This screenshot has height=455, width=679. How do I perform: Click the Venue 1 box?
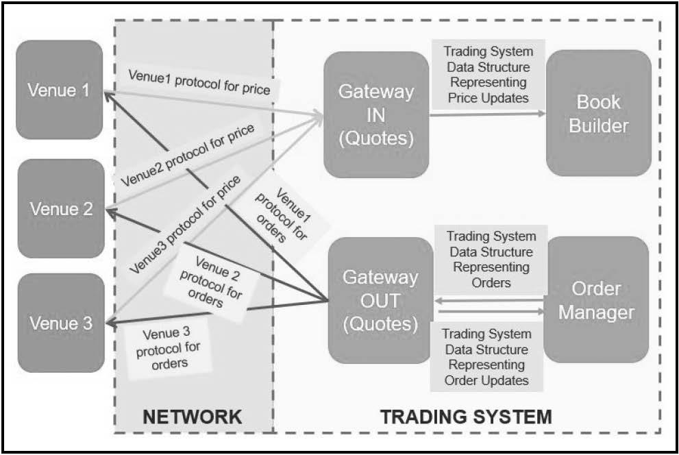pos(60,90)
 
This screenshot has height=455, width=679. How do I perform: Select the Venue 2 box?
pos(61,209)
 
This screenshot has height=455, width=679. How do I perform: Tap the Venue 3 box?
pos(61,323)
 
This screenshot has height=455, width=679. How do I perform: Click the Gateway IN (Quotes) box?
pos(376,114)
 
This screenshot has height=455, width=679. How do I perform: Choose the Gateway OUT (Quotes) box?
pos(381,300)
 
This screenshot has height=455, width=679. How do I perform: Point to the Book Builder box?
pos(599,113)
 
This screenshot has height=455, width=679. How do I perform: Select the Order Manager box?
pos(596,299)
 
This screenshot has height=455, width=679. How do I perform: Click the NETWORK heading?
pos(193,417)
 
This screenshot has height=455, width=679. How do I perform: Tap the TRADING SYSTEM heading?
pos(467,417)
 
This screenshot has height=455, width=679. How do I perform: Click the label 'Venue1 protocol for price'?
pos(199,82)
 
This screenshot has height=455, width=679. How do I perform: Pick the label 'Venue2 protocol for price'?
pos(188,156)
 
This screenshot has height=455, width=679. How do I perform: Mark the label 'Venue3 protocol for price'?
pos(185,225)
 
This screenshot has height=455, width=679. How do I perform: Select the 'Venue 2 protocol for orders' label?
pos(211,282)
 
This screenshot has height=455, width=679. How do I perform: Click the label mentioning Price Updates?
pos(489,75)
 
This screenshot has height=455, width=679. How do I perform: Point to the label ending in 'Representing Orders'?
pos(491,259)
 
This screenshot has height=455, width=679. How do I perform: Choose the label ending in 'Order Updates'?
pos(486,357)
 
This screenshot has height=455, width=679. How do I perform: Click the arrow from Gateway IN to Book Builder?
pos(488,114)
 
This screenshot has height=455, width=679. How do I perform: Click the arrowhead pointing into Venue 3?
pos(111,323)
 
